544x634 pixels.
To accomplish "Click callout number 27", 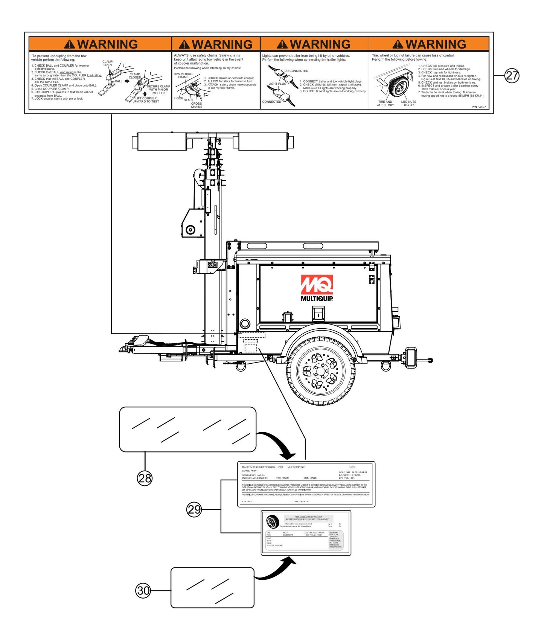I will (x=512, y=76).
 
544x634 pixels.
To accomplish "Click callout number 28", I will (x=145, y=478).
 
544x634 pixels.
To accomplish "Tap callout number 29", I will (x=194, y=510).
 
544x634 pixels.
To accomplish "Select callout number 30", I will (x=143, y=590).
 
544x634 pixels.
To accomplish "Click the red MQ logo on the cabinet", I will (x=317, y=285).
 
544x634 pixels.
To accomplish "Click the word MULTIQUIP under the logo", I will (x=317, y=299).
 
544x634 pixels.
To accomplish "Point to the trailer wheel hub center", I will (x=320, y=372).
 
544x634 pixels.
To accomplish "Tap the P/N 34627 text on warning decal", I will (x=478, y=107).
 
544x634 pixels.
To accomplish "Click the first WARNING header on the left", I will (x=101, y=44).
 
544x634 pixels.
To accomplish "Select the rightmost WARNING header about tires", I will (x=429, y=44).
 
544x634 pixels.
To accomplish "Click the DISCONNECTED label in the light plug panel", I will (x=296, y=71).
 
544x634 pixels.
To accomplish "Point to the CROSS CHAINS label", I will (x=197, y=105).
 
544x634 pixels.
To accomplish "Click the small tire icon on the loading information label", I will (x=272, y=522).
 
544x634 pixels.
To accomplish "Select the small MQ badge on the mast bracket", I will (x=212, y=265).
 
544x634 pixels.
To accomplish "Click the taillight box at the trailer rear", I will (x=412, y=356).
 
